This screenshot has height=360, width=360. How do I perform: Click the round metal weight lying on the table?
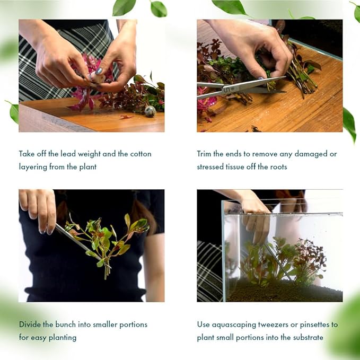click(x=150, y=111)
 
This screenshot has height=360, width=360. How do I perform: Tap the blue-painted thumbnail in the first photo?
click(x=99, y=71)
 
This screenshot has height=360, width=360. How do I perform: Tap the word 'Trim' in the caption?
click(x=204, y=154)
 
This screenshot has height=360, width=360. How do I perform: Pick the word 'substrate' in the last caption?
click(x=305, y=337)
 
